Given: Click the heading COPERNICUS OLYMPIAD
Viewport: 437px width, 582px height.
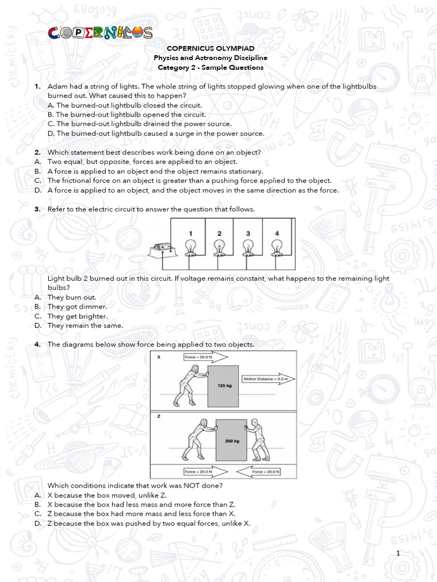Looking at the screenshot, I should coord(210,49).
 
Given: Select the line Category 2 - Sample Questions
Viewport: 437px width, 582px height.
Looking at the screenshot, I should coord(210,68).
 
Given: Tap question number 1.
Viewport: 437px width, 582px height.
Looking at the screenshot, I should coord(38,86).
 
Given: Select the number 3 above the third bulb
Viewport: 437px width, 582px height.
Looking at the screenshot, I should coord(248,234).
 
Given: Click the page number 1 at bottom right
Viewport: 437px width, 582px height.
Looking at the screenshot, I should coord(399,554).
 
